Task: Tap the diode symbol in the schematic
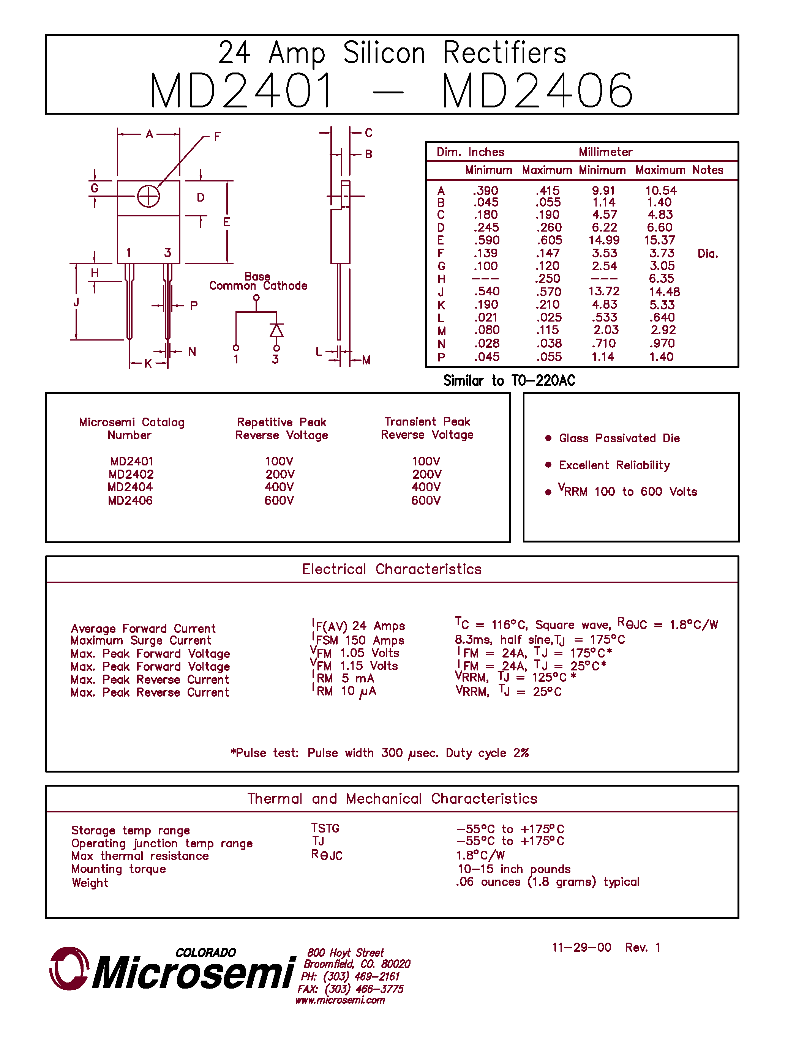pyautogui.click(x=276, y=330)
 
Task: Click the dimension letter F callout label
pyautogui.click(x=218, y=137)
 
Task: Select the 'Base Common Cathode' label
pyautogui.click(x=258, y=282)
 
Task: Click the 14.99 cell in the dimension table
pyautogui.click(x=604, y=240)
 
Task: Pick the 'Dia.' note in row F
pyautogui.click(x=708, y=254)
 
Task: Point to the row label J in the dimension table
pyautogui.click(x=441, y=292)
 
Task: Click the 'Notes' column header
pyautogui.click(x=708, y=170)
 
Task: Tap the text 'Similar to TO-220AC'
pyautogui.click(x=509, y=380)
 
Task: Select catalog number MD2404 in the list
pyautogui.click(x=130, y=487)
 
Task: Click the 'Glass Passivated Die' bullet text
pyautogui.click(x=619, y=438)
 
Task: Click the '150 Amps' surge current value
pyautogui.click(x=374, y=640)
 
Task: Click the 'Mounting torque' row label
pyautogui.click(x=118, y=869)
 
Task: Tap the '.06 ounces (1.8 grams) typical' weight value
pyautogui.click(x=547, y=882)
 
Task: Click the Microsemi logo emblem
pyautogui.click(x=69, y=968)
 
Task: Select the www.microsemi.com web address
pyautogui.click(x=340, y=1000)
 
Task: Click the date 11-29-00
pyautogui.click(x=581, y=948)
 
